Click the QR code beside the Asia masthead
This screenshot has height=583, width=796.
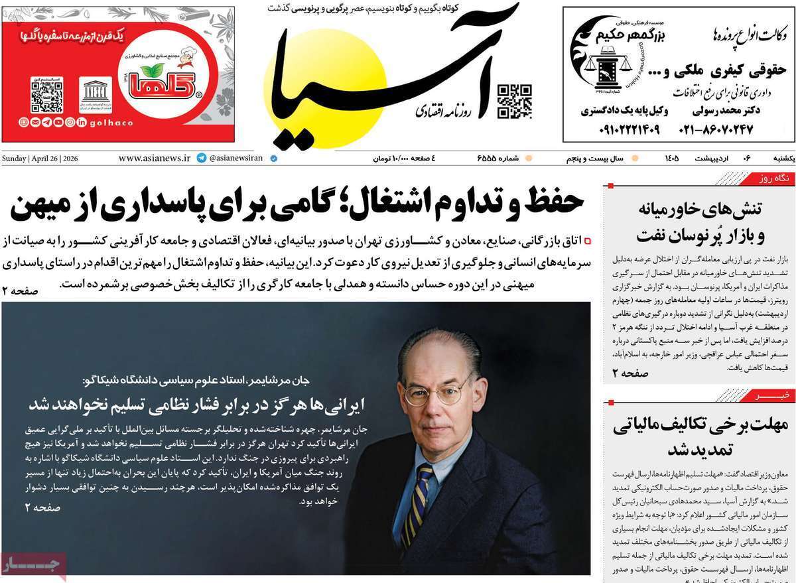(x=515, y=101)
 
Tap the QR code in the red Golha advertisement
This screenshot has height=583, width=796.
(x=46, y=96)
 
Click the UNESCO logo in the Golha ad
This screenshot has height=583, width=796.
(x=96, y=95)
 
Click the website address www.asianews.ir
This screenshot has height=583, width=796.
(x=154, y=159)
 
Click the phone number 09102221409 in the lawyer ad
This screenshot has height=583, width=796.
(x=620, y=129)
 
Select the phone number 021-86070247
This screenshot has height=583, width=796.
(x=716, y=129)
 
